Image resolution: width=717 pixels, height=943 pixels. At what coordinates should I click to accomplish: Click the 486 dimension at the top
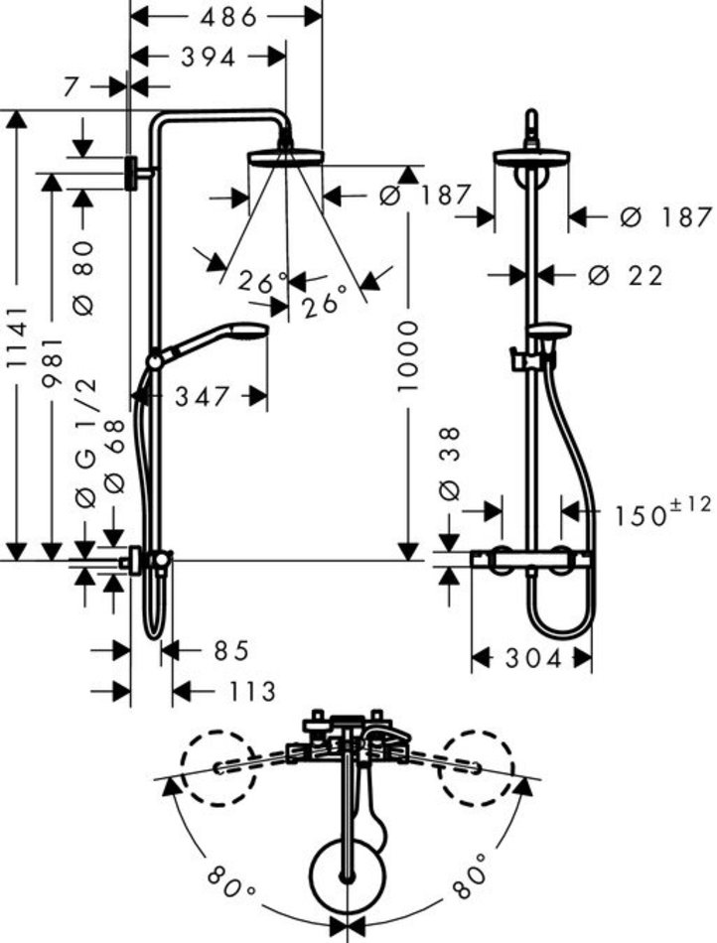[228, 18]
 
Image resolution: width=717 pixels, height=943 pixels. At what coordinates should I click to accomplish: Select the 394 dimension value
[209, 58]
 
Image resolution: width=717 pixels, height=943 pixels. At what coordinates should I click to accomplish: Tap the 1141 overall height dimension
[18, 337]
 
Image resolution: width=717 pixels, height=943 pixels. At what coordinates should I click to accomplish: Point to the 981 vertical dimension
[52, 362]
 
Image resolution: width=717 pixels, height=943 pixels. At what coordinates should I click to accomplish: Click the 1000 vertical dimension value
[407, 356]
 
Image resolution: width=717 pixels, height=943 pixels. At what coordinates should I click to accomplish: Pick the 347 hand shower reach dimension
[203, 396]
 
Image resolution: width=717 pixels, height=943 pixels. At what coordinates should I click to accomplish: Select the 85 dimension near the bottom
[231, 650]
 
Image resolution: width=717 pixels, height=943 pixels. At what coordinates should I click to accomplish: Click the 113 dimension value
[252, 692]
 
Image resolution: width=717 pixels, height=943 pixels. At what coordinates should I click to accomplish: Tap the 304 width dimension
[533, 658]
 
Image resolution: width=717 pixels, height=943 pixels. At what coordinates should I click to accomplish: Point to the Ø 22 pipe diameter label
[625, 275]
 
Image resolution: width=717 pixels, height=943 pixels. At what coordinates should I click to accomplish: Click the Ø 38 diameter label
[450, 464]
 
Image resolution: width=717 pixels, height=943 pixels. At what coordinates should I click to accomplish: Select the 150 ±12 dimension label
[662, 512]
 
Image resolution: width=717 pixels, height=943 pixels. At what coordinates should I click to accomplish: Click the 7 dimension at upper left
[72, 87]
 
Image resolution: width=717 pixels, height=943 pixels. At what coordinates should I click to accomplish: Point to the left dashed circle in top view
[218, 768]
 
